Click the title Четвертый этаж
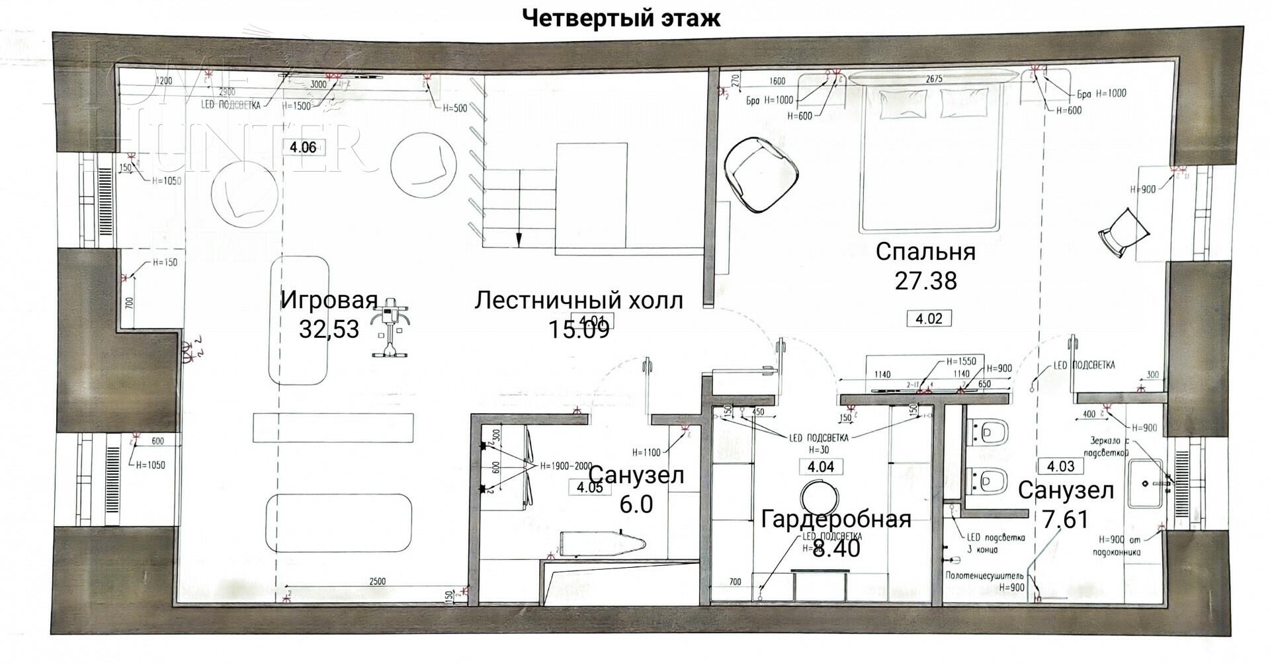point(621,18)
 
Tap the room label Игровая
point(329,299)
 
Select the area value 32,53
point(329,329)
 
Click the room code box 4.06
point(304,147)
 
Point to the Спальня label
point(925,252)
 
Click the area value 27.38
point(925,281)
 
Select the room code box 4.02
point(928,319)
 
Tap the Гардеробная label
point(836,519)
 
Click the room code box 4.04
point(821,467)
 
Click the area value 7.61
point(1065,520)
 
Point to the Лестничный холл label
point(579,301)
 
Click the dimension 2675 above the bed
point(934,79)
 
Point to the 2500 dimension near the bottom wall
point(377,582)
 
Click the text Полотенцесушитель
point(986,576)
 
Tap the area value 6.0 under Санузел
point(636,504)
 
